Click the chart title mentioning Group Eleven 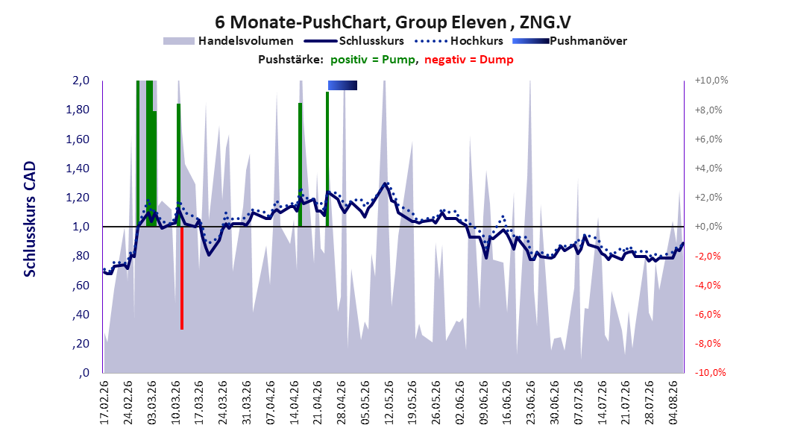[x=392, y=22]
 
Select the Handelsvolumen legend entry [x=229, y=41]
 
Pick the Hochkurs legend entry [x=459, y=41]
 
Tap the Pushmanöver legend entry [x=570, y=41]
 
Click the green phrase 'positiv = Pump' [x=373, y=60]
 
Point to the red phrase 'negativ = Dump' [x=469, y=60]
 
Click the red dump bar [x=182, y=278]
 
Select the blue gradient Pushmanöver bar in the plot [x=342, y=85]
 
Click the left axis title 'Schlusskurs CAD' [x=30, y=219]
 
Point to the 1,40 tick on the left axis [x=78, y=169]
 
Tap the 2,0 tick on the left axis [x=81, y=81]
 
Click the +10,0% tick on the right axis [x=711, y=81]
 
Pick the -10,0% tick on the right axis [x=710, y=372]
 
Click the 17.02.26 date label [x=104, y=403]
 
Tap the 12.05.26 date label [x=389, y=403]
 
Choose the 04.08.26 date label [x=673, y=403]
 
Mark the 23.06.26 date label [x=531, y=403]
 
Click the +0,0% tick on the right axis [x=708, y=227]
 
